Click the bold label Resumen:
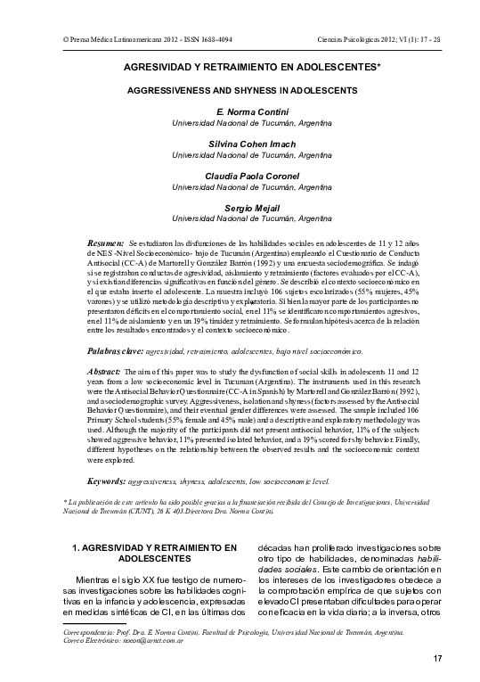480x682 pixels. point(106,242)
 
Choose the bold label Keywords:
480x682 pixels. point(106,481)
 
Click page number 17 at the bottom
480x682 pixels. point(437,659)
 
